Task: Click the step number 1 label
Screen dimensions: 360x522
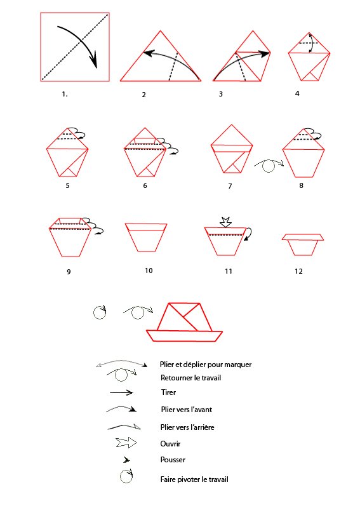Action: click(x=65, y=94)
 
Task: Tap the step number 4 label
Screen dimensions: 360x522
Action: click(x=297, y=93)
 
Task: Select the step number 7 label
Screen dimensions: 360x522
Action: click(x=230, y=186)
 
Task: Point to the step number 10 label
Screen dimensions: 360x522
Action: click(x=149, y=271)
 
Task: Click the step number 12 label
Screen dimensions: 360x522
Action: click(x=298, y=271)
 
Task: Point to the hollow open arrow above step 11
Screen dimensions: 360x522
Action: click(x=225, y=222)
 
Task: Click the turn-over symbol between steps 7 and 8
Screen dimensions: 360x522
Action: click(x=269, y=165)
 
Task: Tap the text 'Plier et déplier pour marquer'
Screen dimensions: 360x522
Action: click(x=206, y=365)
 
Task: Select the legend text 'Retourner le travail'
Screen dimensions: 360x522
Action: click(x=190, y=378)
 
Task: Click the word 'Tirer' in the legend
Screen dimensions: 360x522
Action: click(x=168, y=392)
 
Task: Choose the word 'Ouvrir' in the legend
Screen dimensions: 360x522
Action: click(x=170, y=444)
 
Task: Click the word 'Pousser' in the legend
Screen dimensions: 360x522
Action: click(x=173, y=460)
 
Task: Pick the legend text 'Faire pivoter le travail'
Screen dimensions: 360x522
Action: click(x=194, y=479)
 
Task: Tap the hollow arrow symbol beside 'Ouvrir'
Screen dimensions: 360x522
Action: click(x=126, y=443)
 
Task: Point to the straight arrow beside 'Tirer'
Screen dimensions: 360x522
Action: click(x=121, y=393)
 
